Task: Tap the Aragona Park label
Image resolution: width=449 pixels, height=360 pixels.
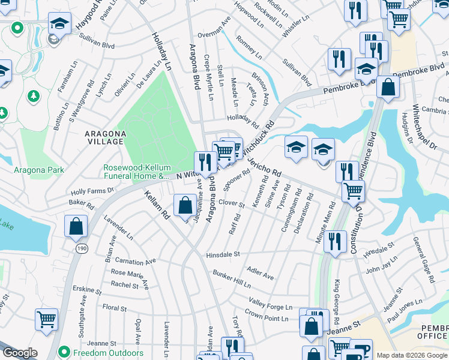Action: pos(39,170)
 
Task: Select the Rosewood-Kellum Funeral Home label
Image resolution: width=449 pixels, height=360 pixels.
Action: pos(137,172)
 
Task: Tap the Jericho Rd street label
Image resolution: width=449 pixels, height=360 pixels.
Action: pos(264,164)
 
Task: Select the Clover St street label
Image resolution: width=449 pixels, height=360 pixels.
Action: pos(231,203)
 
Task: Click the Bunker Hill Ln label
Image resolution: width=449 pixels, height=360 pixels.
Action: pos(231,278)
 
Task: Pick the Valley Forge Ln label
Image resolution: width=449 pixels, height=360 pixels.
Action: pos(272,302)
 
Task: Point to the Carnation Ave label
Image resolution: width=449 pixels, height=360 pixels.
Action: pos(135,262)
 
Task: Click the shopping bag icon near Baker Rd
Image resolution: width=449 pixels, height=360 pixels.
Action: pos(76,227)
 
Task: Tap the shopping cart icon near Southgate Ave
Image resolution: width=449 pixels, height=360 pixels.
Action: pos(46,319)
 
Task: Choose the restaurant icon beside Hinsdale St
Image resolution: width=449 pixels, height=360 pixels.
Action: pos(335,242)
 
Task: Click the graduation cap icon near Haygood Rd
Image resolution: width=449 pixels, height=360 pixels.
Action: pos(59,24)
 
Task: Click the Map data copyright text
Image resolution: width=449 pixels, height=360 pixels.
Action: pos(412,355)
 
